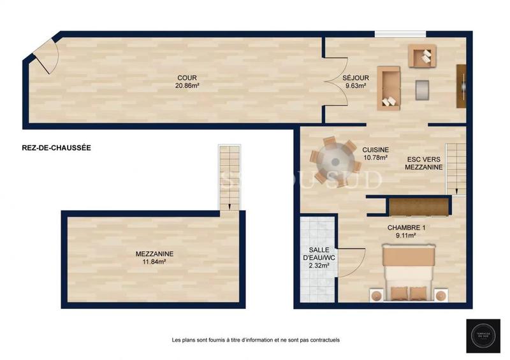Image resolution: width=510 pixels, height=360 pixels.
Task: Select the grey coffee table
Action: [x=423, y=90]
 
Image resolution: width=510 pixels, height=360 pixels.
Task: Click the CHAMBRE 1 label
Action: [x=406, y=227]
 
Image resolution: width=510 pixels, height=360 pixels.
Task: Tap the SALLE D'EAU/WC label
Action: [x=315, y=254]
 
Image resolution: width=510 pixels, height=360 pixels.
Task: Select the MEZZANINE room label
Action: [x=154, y=253]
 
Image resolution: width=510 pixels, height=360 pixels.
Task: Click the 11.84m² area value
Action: [x=154, y=261]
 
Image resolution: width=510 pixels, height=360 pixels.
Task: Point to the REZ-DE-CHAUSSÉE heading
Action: [x=56, y=147]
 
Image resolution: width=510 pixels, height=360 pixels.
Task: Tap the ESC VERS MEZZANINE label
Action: [x=423, y=162]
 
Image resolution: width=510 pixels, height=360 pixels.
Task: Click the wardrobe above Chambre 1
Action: [x=418, y=206]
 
